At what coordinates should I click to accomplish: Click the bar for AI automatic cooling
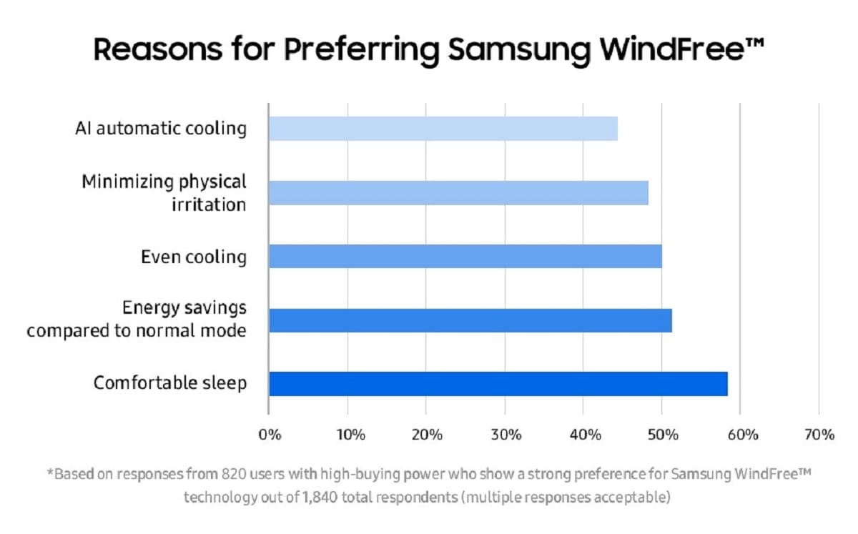point(443,129)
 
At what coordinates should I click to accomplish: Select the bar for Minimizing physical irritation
point(458,193)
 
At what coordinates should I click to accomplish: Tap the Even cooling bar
point(465,256)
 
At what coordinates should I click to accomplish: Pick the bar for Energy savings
point(470,320)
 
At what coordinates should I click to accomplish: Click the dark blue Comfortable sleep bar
point(498,384)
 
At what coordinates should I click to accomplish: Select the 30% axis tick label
point(506,435)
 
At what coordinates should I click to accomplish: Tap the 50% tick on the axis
point(663,435)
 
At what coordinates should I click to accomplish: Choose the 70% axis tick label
point(819,435)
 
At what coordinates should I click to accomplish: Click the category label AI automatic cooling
point(161,129)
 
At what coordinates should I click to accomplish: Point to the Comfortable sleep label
point(170,383)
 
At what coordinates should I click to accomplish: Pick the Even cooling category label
point(194,257)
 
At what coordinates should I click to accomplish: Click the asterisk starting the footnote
point(49,473)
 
